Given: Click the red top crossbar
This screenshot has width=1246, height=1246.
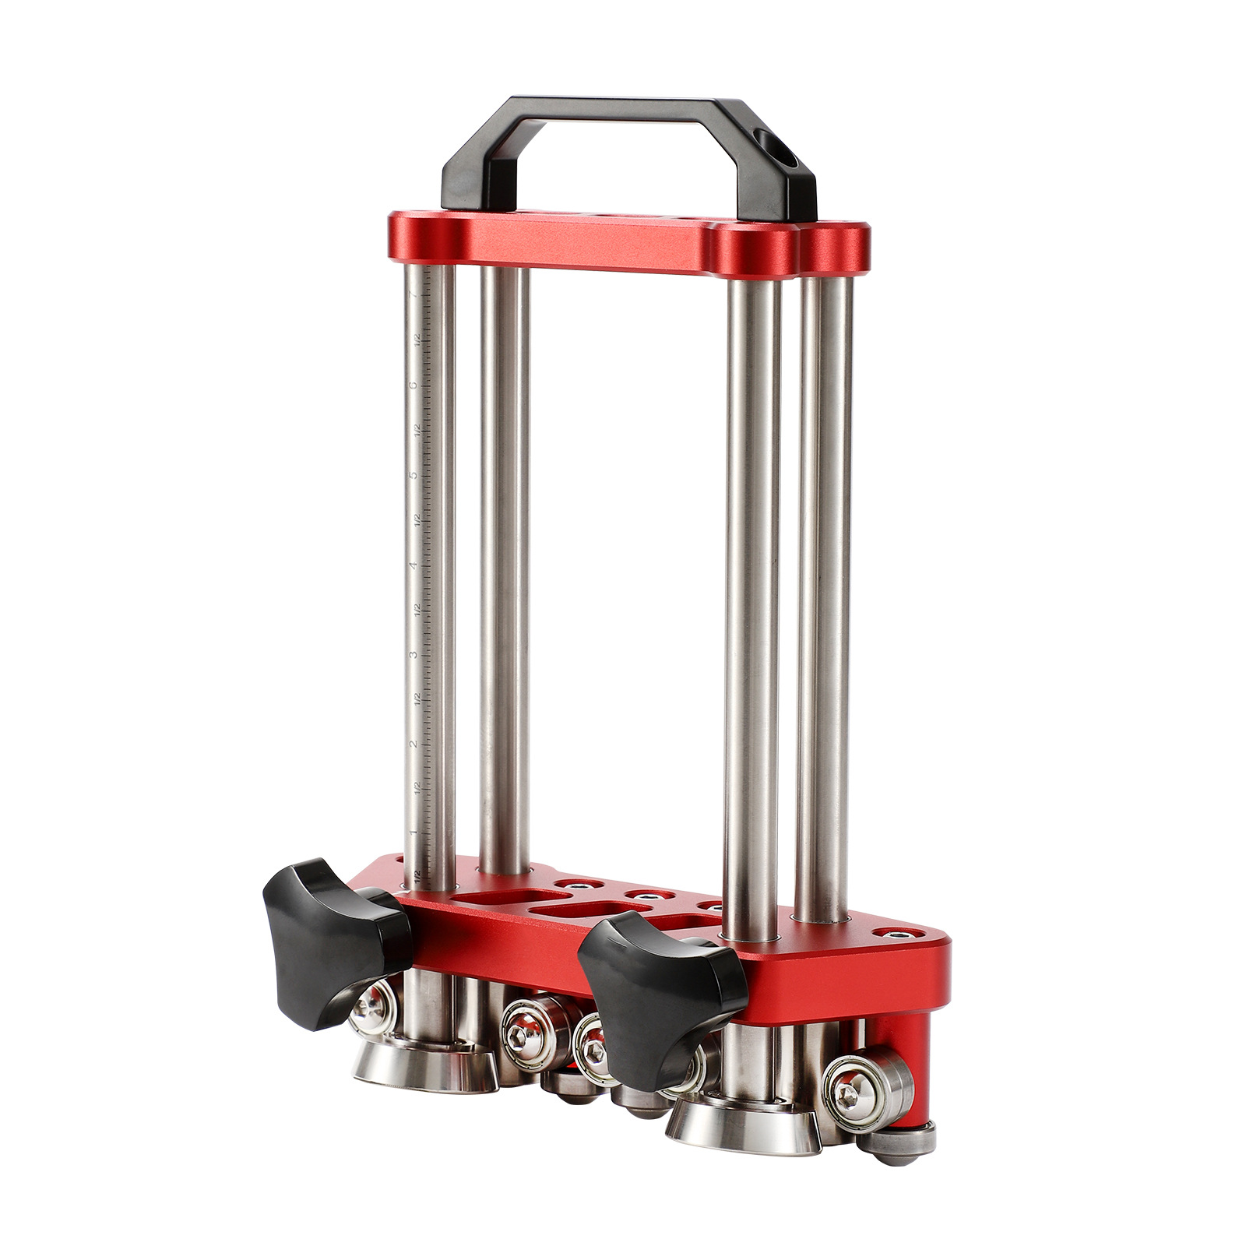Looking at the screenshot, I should pyautogui.click(x=623, y=241).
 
